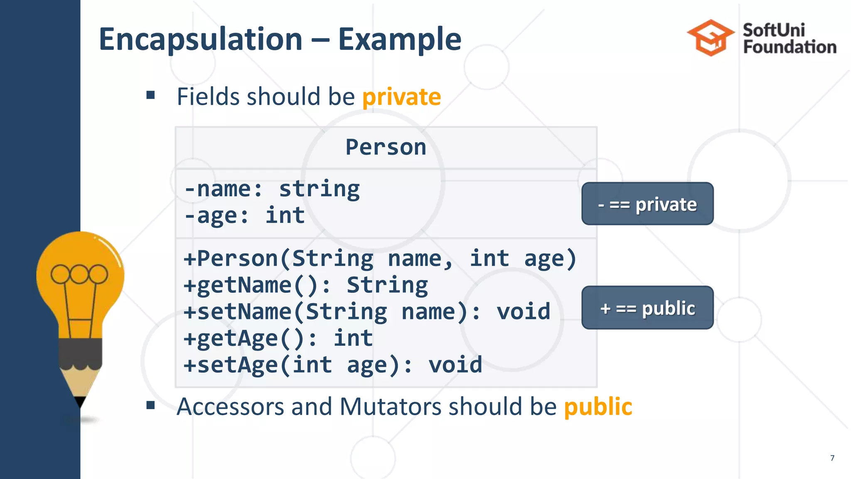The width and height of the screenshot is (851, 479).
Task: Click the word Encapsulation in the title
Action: [x=201, y=40]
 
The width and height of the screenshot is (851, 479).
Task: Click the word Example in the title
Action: [x=399, y=40]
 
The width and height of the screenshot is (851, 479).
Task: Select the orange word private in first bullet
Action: [x=401, y=97]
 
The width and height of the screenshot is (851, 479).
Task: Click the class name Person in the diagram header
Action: [x=386, y=147]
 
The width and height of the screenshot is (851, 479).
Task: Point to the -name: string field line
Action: [x=272, y=189]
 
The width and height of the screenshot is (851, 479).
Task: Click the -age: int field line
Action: [x=245, y=215]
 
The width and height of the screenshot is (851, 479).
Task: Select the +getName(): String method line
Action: [x=305, y=285]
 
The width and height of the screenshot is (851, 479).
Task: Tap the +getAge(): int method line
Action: [x=278, y=338]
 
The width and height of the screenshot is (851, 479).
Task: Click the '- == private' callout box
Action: [x=647, y=204]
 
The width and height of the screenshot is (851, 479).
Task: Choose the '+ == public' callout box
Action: [x=647, y=308]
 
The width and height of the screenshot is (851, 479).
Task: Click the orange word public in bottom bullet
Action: [x=598, y=406]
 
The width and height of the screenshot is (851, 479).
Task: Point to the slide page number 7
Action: [x=832, y=458]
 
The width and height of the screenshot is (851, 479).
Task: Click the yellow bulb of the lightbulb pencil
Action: [x=80, y=274]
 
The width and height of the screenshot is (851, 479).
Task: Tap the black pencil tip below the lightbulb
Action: [x=80, y=402]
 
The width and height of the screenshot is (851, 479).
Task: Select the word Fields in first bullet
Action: [x=208, y=97]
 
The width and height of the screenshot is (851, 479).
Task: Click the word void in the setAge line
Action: [x=455, y=365]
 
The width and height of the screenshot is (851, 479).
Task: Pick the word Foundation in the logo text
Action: [x=790, y=47]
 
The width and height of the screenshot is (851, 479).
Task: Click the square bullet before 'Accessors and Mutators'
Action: [x=150, y=405]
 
